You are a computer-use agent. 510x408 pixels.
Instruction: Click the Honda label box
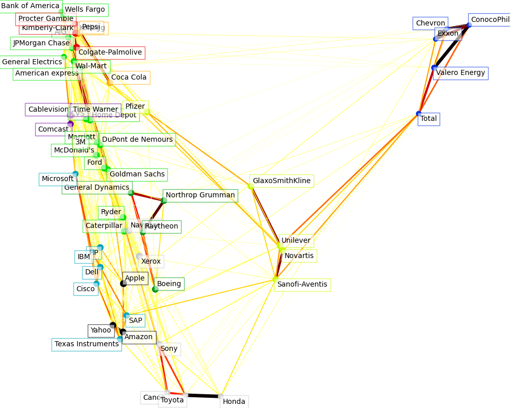(234, 401)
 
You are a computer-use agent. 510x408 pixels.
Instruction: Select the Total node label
(428, 119)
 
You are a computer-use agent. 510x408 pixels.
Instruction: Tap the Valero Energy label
(461, 73)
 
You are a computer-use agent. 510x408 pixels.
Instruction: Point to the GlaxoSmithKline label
(282, 181)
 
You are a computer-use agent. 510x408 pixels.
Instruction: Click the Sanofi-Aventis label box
(302, 285)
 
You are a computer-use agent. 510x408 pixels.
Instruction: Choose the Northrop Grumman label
(200, 195)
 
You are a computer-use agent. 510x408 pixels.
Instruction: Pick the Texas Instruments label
(86, 344)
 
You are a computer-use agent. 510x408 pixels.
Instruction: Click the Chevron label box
(430, 23)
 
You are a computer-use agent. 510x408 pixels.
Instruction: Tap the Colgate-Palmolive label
(110, 53)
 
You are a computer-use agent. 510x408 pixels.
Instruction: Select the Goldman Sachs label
(137, 174)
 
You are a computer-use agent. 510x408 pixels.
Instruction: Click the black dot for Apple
(123, 284)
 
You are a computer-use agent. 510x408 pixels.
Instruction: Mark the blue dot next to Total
(419, 114)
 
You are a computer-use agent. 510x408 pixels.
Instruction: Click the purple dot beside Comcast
(70, 124)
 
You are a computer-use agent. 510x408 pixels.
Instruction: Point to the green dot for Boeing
(155, 289)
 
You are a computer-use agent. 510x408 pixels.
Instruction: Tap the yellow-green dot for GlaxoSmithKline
(250, 186)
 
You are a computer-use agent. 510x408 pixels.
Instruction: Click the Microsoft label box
(58, 179)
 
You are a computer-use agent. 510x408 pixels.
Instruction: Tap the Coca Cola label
(129, 78)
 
